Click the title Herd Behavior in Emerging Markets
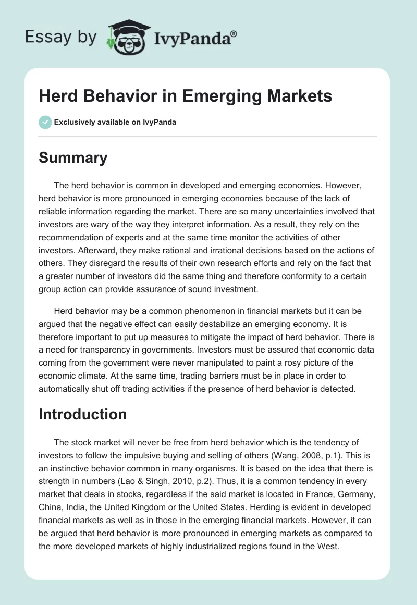click(x=185, y=96)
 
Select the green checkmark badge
click(x=45, y=122)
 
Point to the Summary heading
click(x=73, y=158)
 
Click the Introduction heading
click(x=82, y=414)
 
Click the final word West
click(x=327, y=544)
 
